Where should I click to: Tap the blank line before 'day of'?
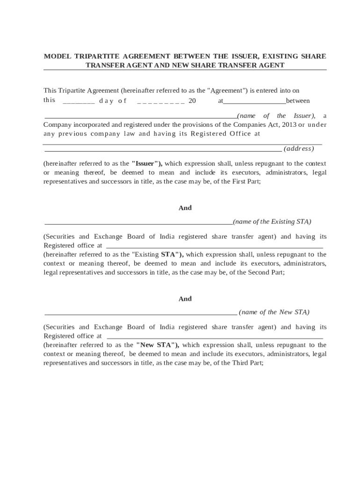[79, 101]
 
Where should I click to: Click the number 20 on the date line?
[192, 101]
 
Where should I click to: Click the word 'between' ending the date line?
[298, 101]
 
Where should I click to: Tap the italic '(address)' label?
[299, 149]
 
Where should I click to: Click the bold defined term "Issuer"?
[146, 164]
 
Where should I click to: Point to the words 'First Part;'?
[246, 182]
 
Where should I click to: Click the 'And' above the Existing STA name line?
[185, 208]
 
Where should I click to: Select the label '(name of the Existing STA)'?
[272, 222]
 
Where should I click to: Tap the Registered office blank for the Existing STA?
[214, 246]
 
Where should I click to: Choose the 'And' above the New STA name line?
[185, 299]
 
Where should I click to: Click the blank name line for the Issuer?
[140, 116]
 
